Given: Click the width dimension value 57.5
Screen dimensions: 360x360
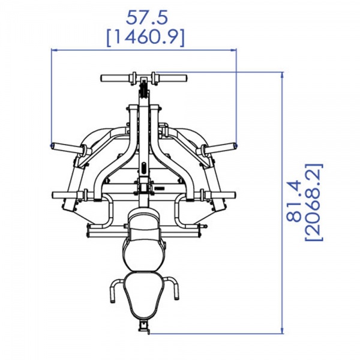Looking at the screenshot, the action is point(147,17).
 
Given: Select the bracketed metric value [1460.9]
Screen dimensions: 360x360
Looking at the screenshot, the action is point(146,38).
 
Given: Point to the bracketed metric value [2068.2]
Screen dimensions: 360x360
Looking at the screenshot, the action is point(314,202).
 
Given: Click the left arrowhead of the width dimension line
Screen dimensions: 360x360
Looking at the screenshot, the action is point(53,49).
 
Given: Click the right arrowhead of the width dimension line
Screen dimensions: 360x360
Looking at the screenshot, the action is point(234,49).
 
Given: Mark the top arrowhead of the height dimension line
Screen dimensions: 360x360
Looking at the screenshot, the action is point(283,74).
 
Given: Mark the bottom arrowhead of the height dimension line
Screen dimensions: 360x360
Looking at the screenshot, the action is point(283,331).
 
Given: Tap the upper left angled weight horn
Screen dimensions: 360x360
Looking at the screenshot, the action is point(67,148).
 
